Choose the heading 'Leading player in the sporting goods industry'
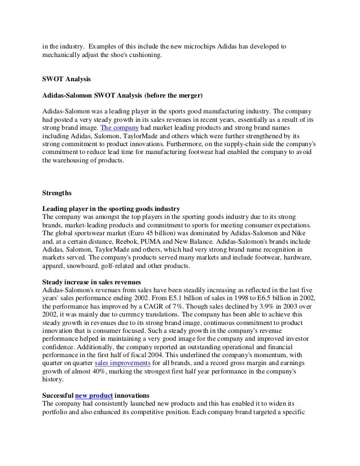pos(112,209)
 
